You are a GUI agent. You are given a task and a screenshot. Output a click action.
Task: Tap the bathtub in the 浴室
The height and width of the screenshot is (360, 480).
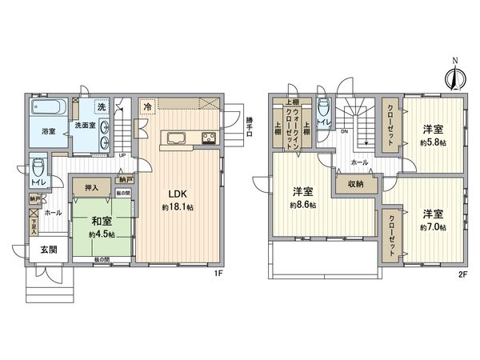pyautogui.click(x=50, y=108)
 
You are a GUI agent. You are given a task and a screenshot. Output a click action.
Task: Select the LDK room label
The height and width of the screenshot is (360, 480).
pyautogui.click(x=177, y=194)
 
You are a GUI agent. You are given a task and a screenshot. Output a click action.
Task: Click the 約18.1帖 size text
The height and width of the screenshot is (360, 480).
pyautogui.click(x=177, y=207)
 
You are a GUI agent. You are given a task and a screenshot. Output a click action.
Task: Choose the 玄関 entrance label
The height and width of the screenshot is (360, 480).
pyautogui.click(x=47, y=250)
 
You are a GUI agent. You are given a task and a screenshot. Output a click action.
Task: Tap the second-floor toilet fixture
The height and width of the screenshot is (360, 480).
pyautogui.click(x=322, y=110)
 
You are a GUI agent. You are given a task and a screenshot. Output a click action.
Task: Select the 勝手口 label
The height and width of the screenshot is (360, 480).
pyautogui.click(x=250, y=124)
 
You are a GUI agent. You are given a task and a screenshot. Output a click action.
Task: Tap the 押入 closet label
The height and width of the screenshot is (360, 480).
pyautogui.click(x=91, y=188)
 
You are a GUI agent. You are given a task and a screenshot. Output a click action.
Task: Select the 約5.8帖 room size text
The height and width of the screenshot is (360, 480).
pyautogui.click(x=434, y=143)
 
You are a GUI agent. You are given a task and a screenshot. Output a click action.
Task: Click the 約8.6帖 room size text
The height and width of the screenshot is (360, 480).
pyautogui.click(x=302, y=206)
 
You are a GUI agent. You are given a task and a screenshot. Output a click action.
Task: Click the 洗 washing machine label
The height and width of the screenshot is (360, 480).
pyautogui.click(x=102, y=107)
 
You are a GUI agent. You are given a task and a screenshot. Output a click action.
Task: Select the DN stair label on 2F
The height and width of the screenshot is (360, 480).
pyautogui.click(x=344, y=132)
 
